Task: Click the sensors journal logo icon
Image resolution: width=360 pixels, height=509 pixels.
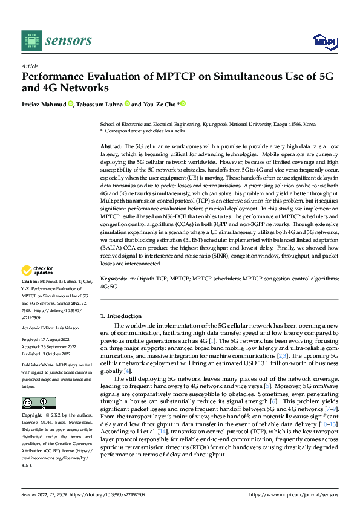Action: coord(32,40)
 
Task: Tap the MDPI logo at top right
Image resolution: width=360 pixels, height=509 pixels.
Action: coord(323,41)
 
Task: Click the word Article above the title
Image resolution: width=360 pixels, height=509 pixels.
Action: coord(29,66)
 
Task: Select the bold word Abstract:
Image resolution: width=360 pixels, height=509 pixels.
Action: coord(111,147)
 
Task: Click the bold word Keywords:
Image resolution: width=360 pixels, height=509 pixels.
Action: coord(113,279)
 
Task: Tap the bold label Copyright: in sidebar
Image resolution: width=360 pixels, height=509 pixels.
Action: coord(33,417)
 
